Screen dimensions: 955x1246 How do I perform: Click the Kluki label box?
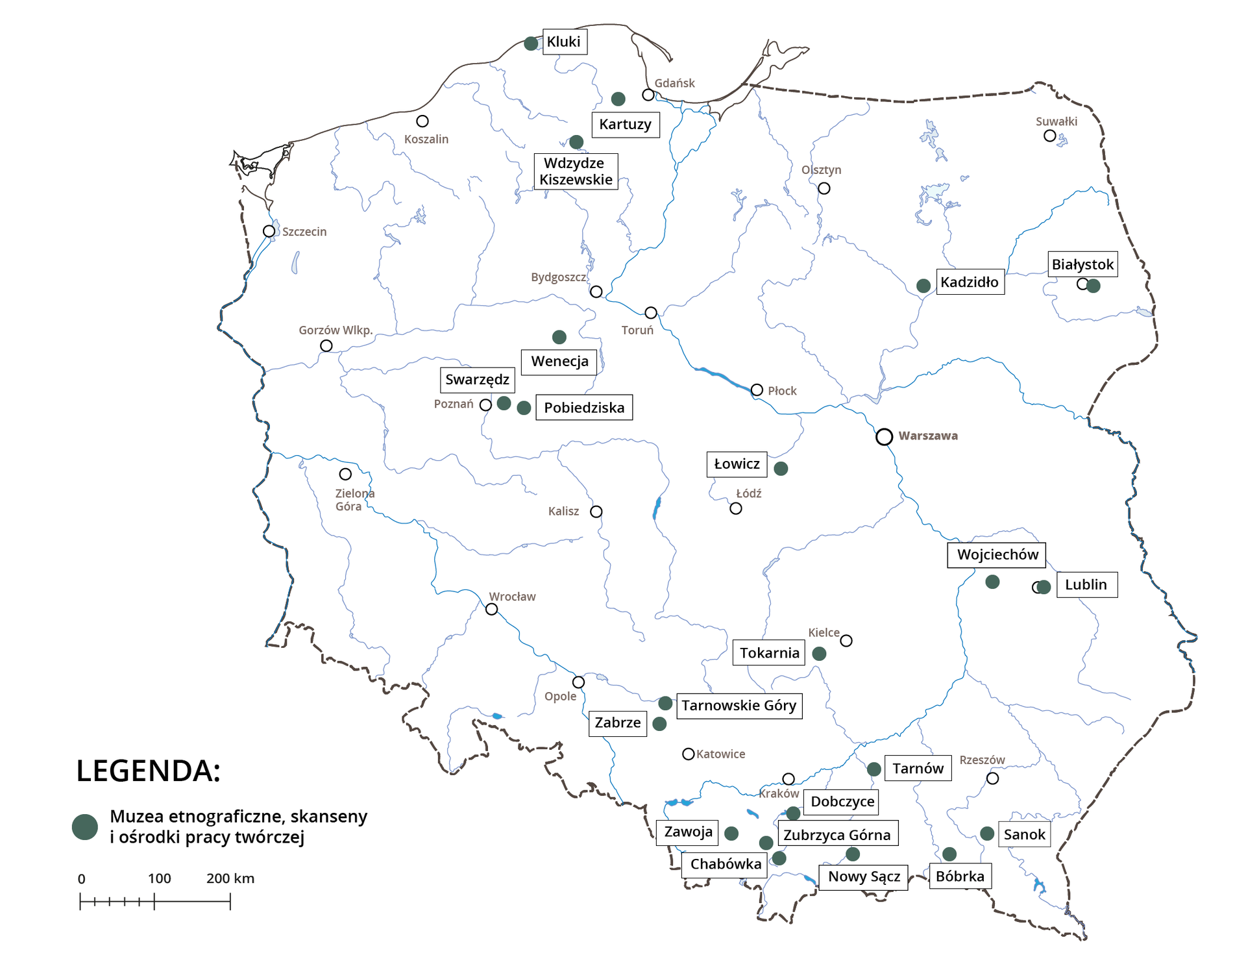pos(564,42)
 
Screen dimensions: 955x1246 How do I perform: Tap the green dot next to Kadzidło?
pos(923,286)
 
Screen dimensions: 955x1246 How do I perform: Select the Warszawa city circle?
pos(884,437)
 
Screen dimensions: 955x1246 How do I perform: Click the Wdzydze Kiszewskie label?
pos(576,171)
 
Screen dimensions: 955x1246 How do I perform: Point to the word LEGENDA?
pos(148,771)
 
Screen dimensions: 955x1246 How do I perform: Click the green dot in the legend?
pos(85,827)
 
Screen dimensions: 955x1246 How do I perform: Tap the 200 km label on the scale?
pos(230,878)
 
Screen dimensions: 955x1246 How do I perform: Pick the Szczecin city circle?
pos(269,231)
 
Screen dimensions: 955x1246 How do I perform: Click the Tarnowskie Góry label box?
pos(739,706)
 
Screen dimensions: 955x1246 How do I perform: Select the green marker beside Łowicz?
pos(781,469)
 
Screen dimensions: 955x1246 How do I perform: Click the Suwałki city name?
pos(1056,121)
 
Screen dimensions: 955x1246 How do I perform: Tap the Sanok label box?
pos(1024,834)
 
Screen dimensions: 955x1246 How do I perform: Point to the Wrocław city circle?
pos(492,609)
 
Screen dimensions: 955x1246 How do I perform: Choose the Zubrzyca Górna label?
pos(837,835)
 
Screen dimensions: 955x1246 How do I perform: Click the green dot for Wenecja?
pos(559,337)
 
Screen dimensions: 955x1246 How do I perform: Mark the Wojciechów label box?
pos(997,555)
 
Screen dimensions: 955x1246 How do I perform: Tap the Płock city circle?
pos(757,390)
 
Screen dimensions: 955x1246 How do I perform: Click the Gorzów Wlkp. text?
pos(336,330)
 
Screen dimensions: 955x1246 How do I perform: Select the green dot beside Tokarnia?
pos(820,654)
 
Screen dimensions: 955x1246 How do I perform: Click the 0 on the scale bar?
pos(81,879)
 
